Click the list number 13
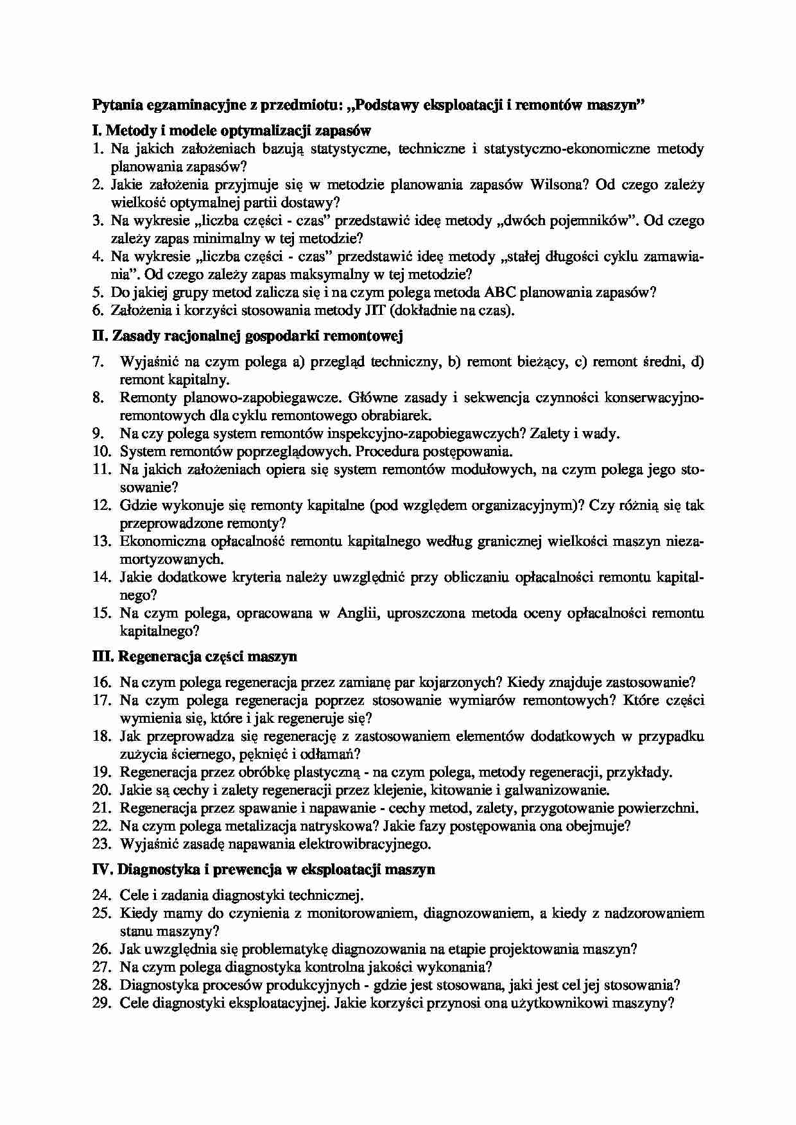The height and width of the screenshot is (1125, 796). [102, 541]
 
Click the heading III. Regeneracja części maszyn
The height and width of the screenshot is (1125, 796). [195, 656]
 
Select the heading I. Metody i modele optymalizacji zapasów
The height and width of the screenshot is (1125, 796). [232, 131]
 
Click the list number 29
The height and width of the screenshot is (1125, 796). [102, 1004]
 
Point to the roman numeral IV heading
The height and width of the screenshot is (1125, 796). [103, 870]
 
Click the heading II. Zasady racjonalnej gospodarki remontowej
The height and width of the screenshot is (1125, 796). [248, 335]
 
